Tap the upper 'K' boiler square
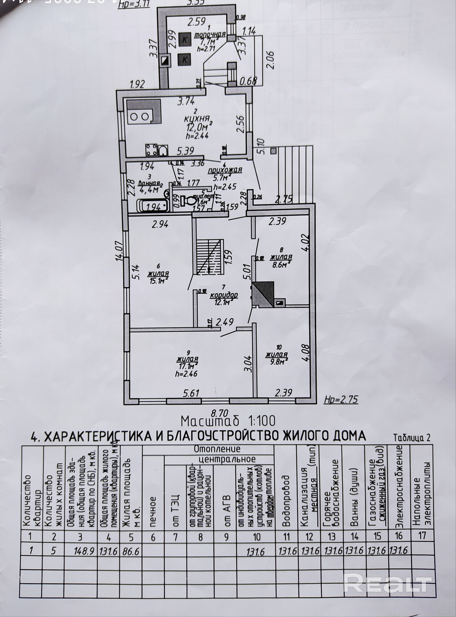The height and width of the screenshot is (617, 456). click(x=184, y=40)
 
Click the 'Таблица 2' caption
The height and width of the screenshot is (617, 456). click(x=412, y=438)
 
